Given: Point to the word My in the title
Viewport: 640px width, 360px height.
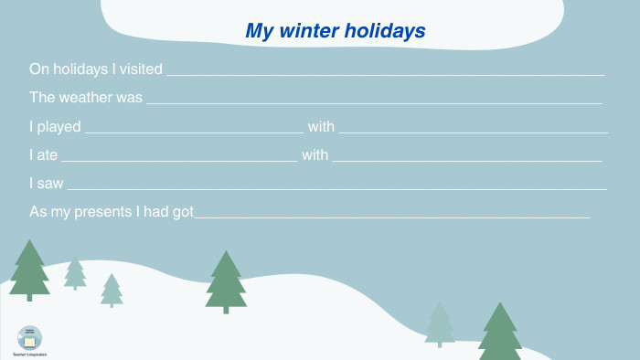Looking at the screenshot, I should (260, 31).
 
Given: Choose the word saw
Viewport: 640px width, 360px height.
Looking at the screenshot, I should (51, 184).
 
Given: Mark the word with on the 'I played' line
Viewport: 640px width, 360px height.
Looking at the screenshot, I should (321, 127).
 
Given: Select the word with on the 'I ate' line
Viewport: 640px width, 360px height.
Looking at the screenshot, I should (315, 155).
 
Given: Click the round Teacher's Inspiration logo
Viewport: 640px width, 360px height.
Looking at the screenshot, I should (29, 338).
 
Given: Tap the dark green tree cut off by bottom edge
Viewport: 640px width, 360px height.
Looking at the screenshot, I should (499, 334).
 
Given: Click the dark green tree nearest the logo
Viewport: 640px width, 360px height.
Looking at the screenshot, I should (29, 270).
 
